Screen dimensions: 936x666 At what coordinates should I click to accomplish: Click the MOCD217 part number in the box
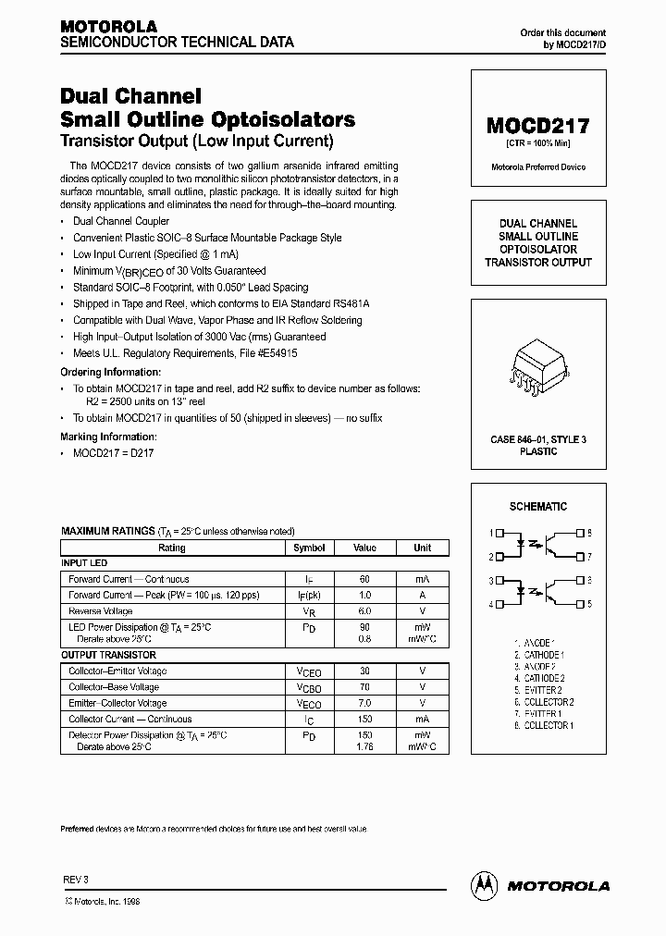[x=538, y=127]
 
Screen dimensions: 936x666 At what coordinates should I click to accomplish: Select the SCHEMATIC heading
[x=538, y=507]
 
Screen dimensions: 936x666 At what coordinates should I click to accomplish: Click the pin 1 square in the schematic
[x=500, y=533]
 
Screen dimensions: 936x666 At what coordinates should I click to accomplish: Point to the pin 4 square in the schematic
[x=500, y=604]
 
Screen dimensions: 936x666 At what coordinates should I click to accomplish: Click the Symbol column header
[x=309, y=548]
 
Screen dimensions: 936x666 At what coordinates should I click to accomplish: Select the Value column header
[x=364, y=548]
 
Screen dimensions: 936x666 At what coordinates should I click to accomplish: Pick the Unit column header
[x=422, y=548]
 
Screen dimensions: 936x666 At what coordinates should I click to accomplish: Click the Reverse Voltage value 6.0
[x=364, y=610]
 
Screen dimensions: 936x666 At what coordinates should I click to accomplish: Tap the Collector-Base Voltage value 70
[x=364, y=687]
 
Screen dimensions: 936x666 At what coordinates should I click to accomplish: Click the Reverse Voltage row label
[x=100, y=610]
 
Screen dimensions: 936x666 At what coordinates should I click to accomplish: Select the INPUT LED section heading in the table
[x=84, y=563]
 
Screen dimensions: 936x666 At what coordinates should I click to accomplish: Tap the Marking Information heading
[x=109, y=437]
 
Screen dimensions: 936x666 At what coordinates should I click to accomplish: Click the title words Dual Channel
[x=130, y=96]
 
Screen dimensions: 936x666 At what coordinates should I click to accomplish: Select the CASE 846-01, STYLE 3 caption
[x=538, y=439]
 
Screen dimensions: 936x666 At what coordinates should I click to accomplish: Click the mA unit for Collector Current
[x=422, y=719]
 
